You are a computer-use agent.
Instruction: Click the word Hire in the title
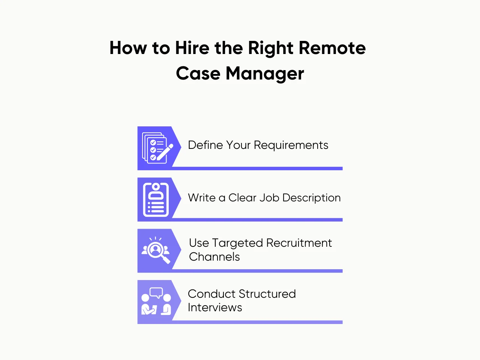click(x=192, y=48)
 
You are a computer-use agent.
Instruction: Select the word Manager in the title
click(x=265, y=73)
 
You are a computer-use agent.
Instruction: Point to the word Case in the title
click(x=198, y=73)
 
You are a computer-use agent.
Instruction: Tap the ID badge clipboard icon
click(x=156, y=199)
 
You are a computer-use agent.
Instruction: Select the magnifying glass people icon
click(x=156, y=250)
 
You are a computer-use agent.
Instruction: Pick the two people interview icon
click(x=156, y=302)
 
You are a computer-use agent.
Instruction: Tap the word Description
click(x=311, y=198)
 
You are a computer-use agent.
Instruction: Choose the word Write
click(x=201, y=198)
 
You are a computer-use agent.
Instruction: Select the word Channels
click(x=214, y=257)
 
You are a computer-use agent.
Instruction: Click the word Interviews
click(x=215, y=307)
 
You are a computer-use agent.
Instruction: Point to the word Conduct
click(x=211, y=294)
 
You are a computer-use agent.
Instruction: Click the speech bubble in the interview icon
click(x=156, y=292)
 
